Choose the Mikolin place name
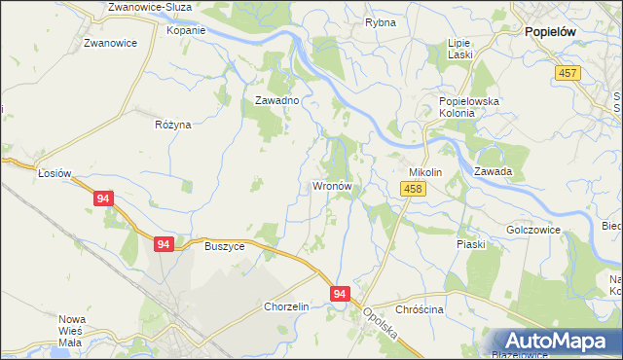pyautogui.click(x=425, y=172)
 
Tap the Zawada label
pyautogui.click(x=494, y=172)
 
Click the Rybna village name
pyautogui.click(x=379, y=21)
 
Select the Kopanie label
pyautogui.click(x=186, y=30)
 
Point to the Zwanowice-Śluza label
pyautogui.click(x=151, y=7)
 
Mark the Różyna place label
pyautogui.click(x=173, y=125)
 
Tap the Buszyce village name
pyautogui.click(x=224, y=246)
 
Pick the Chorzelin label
pyautogui.click(x=286, y=306)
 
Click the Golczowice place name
pyautogui.click(x=534, y=231)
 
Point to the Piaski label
pyautogui.click(x=471, y=244)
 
